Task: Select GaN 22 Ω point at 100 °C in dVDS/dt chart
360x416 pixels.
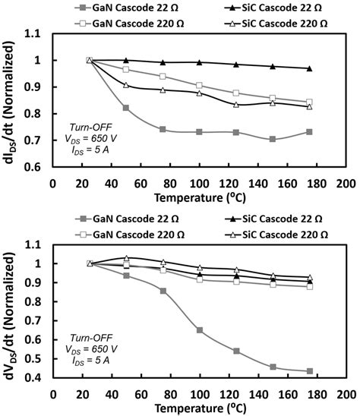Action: [199, 330]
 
